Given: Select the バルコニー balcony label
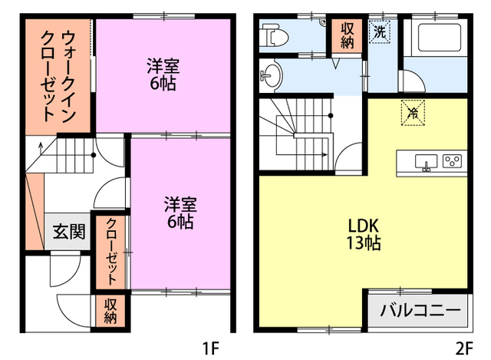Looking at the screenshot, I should click(421, 312).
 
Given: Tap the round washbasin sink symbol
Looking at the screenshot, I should click(271, 75).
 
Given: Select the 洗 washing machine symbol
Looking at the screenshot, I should click(380, 32).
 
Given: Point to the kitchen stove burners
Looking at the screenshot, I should click(452, 161).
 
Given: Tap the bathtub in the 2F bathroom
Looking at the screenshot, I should click(435, 37).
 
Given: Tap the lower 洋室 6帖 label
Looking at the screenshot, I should click(181, 213).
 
